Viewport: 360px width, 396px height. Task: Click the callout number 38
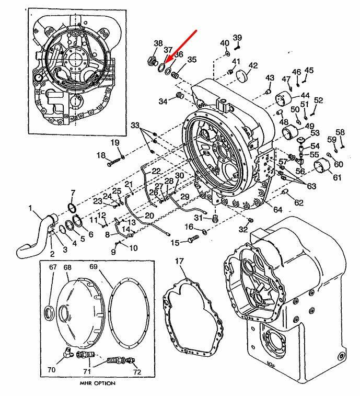click(x=158, y=43)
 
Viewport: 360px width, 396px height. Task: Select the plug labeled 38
click(x=152, y=61)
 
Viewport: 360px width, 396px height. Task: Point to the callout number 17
click(x=179, y=261)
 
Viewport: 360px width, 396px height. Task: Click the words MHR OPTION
click(x=97, y=383)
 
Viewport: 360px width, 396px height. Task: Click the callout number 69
click(x=94, y=267)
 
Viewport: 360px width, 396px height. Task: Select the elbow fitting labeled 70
click(x=68, y=352)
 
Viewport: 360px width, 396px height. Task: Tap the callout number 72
click(x=137, y=372)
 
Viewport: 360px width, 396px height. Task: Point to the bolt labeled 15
click(x=193, y=239)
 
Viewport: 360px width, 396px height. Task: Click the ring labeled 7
click(x=72, y=208)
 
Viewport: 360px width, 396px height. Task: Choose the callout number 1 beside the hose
click(x=30, y=208)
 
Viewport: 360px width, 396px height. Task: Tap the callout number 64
click(x=277, y=209)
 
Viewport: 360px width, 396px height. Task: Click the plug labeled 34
click(x=179, y=95)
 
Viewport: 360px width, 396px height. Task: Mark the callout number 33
click(x=135, y=125)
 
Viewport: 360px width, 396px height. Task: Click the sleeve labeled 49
click(x=290, y=132)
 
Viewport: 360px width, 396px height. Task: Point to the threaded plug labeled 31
click(x=215, y=218)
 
